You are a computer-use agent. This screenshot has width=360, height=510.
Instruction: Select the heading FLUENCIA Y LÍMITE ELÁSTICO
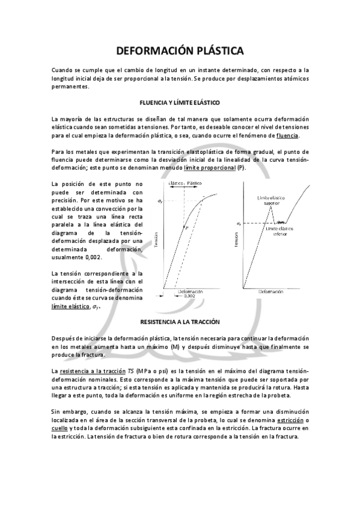[x=180, y=103]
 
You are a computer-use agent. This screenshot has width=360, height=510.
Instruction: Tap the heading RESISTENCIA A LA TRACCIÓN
[x=180, y=322]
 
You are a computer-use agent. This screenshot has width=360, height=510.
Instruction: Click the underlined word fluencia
[x=287, y=136]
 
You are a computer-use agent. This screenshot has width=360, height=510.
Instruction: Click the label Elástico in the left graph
[x=175, y=182]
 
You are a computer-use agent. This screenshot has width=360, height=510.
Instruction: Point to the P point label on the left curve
[x=187, y=229]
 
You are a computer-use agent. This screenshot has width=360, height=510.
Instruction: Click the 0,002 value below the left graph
[x=188, y=296]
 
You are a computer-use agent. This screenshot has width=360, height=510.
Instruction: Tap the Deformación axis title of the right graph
[x=271, y=292]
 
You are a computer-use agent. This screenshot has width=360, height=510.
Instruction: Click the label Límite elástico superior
[x=271, y=201]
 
